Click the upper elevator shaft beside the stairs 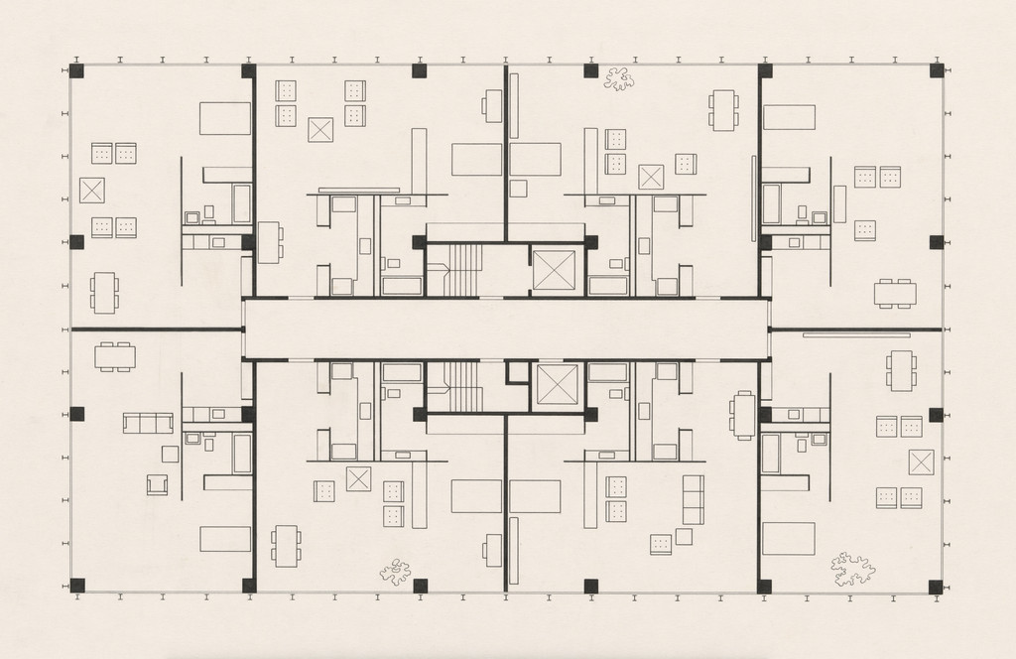[554, 270]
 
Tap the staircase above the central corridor [462, 270]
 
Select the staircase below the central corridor [462, 386]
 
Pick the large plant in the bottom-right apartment [852, 569]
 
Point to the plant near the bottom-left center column [396, 570]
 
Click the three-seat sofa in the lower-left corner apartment [148, 423]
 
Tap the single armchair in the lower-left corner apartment [157, 484]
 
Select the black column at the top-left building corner [77, 71]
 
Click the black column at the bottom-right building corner [936, 587]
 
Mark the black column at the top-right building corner [936, 71]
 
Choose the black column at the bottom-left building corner [77, 586]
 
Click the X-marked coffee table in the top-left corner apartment [92, 190]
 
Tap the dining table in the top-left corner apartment [104, 293]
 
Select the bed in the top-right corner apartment [789, 117]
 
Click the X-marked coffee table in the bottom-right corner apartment [921, 462]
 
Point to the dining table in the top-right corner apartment [895, 293]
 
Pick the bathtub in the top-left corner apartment [242, 203]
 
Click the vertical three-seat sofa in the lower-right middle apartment [693, 499]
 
